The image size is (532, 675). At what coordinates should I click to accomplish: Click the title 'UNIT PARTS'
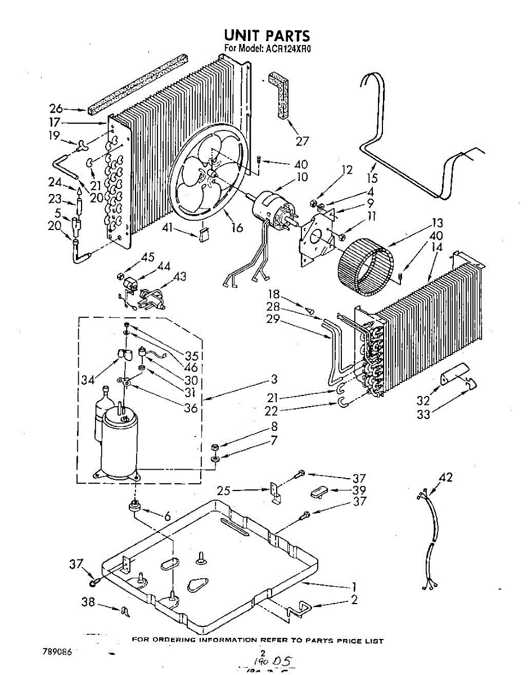[x=267, y=36]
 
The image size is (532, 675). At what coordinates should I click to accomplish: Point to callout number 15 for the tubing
[x=372, y=179]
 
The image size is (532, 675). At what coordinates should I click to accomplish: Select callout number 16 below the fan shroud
[x=237, y=228]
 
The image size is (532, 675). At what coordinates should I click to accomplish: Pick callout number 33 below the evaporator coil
[x=423, y=415]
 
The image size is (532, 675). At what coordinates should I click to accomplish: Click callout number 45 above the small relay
[x=148, y=258]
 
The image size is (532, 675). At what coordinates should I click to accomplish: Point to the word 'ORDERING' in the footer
[x=179, y=641]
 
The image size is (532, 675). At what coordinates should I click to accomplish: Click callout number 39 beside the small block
[x=358, y=490]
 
